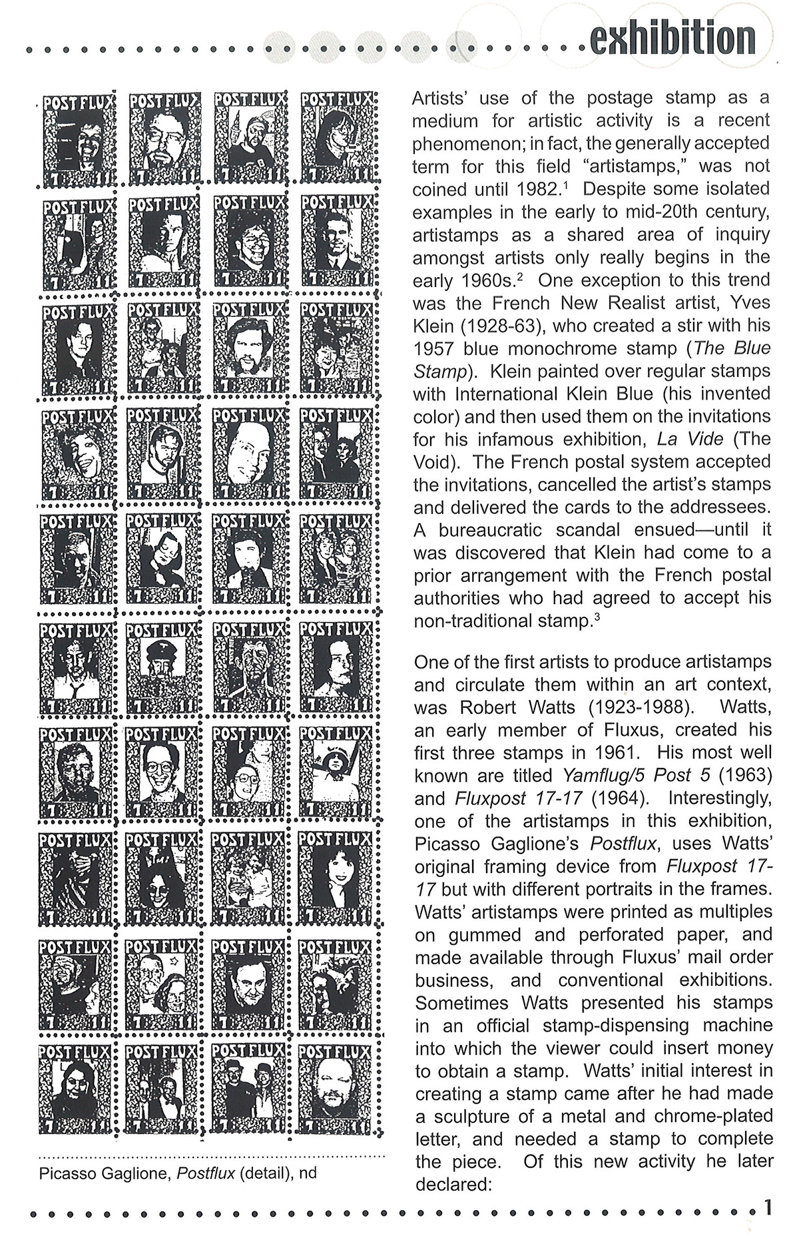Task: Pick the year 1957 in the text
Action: pyautogui.click(x=433, y=348)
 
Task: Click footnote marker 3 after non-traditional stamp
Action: pyautogui.click(x=597, y=616)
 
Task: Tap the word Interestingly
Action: pyautogui.click(x=720, y=798)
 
